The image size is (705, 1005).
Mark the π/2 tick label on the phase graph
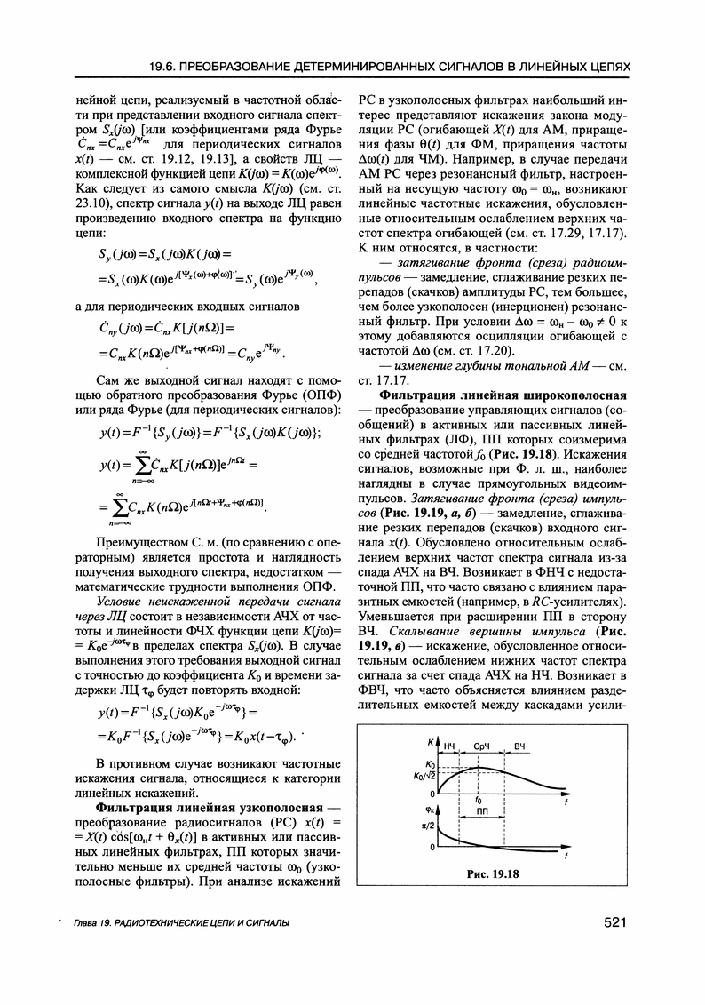(426, 826)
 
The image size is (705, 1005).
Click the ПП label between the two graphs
(482, 812)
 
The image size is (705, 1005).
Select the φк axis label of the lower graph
(428, 808)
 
